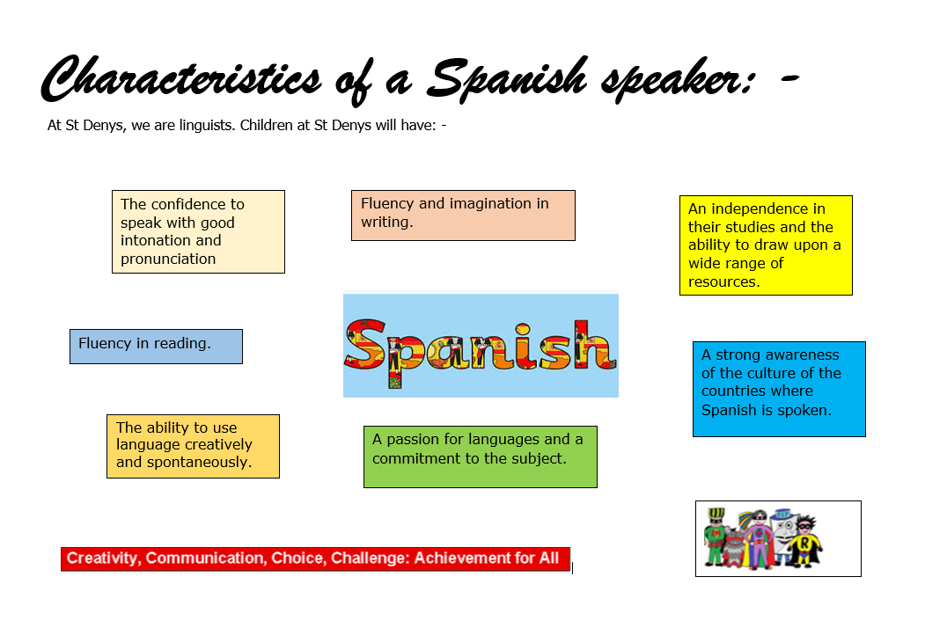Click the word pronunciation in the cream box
coord(168,259)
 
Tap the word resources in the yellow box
coord(723,281)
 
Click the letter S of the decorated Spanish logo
coord(365,349)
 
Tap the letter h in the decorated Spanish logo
coord(595,345)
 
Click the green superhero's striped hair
coord(716,513)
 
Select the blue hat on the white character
coord(782,515)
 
